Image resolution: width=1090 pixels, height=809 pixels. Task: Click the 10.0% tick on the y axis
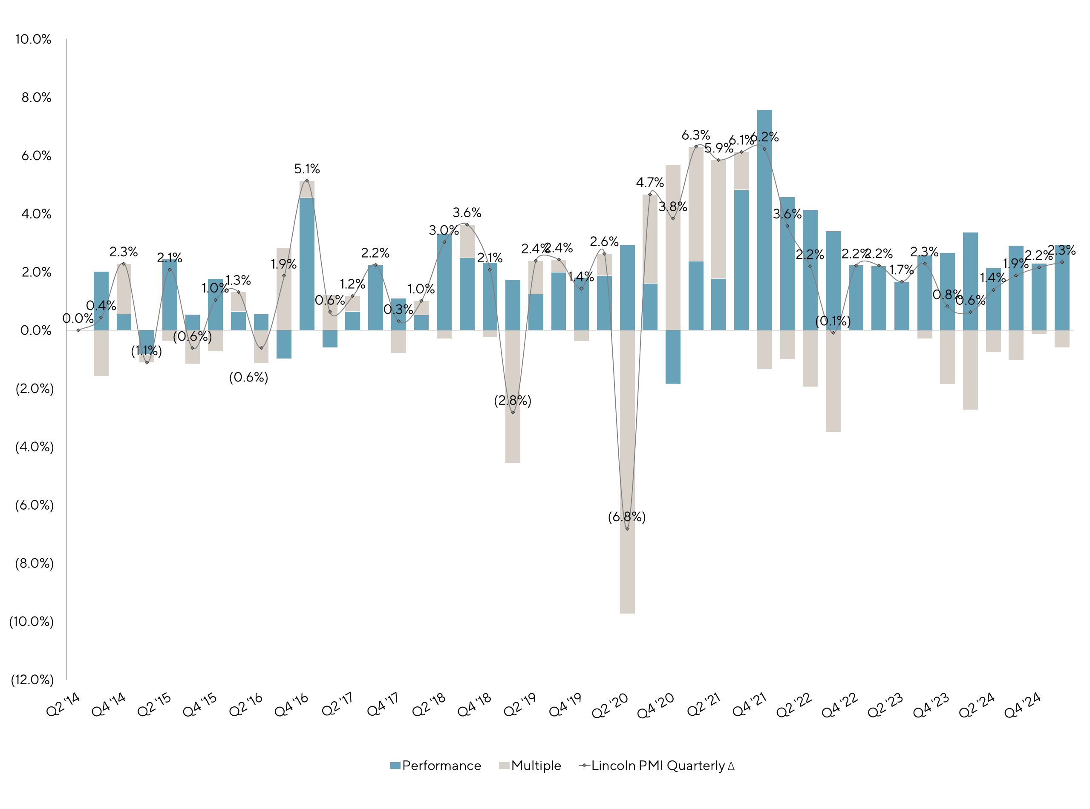(x=33, y=40)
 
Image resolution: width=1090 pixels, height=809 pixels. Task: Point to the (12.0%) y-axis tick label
(x=32, y=680)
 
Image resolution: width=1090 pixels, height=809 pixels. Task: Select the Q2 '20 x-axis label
(x=610, y=706)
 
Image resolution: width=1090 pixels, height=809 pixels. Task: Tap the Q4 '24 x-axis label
(x=1022, y=706)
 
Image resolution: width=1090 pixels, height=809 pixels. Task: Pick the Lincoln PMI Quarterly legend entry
(x=657, y=766)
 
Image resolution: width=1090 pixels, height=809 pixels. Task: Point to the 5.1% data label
(x=307, y=169)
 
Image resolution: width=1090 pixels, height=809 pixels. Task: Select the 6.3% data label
(x=695, y=135)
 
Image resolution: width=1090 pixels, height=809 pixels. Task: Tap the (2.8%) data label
(x=513, y=401)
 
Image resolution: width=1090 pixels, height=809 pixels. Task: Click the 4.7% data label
(x=650, y=183)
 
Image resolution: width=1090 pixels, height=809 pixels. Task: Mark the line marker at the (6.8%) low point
(x=627, y=529)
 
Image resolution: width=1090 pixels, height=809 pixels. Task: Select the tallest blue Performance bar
(x=764, y=221)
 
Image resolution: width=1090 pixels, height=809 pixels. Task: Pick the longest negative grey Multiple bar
(x=627, y=472)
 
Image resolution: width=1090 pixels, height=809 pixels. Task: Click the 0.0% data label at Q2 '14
(x=78, y=319)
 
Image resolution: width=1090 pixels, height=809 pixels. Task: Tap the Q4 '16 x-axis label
(x=291, y=706)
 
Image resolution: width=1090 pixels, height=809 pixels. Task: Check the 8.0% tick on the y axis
(x=36, y=98)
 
